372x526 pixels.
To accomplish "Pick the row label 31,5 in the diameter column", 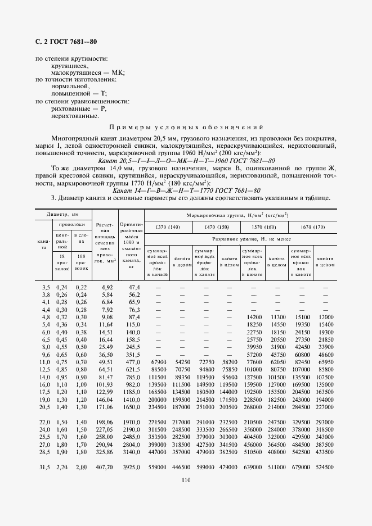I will click(x=44, y=467).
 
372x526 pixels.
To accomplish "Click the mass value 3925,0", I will click(x=131, y=467).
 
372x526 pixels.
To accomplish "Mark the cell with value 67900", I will click(x=158, y=363).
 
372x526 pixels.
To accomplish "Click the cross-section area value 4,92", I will click(x=107, y=287).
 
